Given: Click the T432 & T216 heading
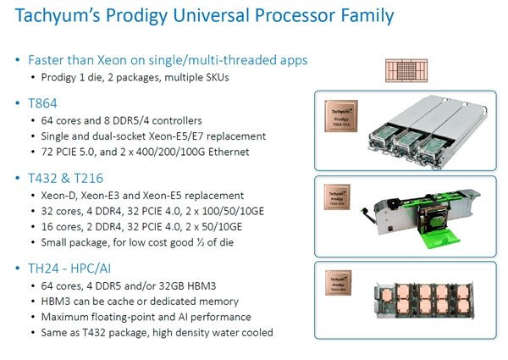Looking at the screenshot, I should coord(70,178).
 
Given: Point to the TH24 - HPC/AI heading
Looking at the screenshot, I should coord(77,269).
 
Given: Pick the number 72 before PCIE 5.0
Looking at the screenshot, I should coord(48,152).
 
